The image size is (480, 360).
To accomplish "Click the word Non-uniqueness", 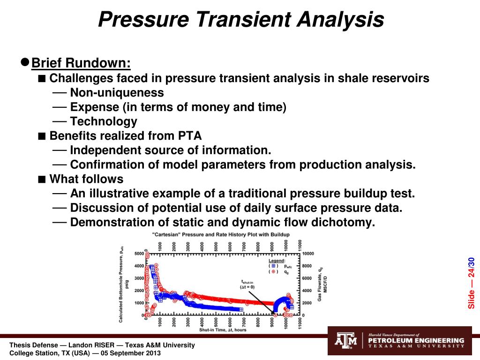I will tap(117, 92).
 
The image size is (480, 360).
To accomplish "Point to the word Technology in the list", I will tap(104, 121).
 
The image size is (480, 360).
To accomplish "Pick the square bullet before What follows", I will tap(42, 179).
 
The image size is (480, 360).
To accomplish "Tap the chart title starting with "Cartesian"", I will tap(220, 234).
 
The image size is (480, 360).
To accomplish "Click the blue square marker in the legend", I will tap(274, 265).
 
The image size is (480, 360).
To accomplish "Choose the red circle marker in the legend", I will tap(274, 271).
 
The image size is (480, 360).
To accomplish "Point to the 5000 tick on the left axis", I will tap(139, 254).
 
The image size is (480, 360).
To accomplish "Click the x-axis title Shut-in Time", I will tap(216, 330).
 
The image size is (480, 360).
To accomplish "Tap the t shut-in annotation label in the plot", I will tap(245, 284).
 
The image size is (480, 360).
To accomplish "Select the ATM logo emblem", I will tap(345, 341).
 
